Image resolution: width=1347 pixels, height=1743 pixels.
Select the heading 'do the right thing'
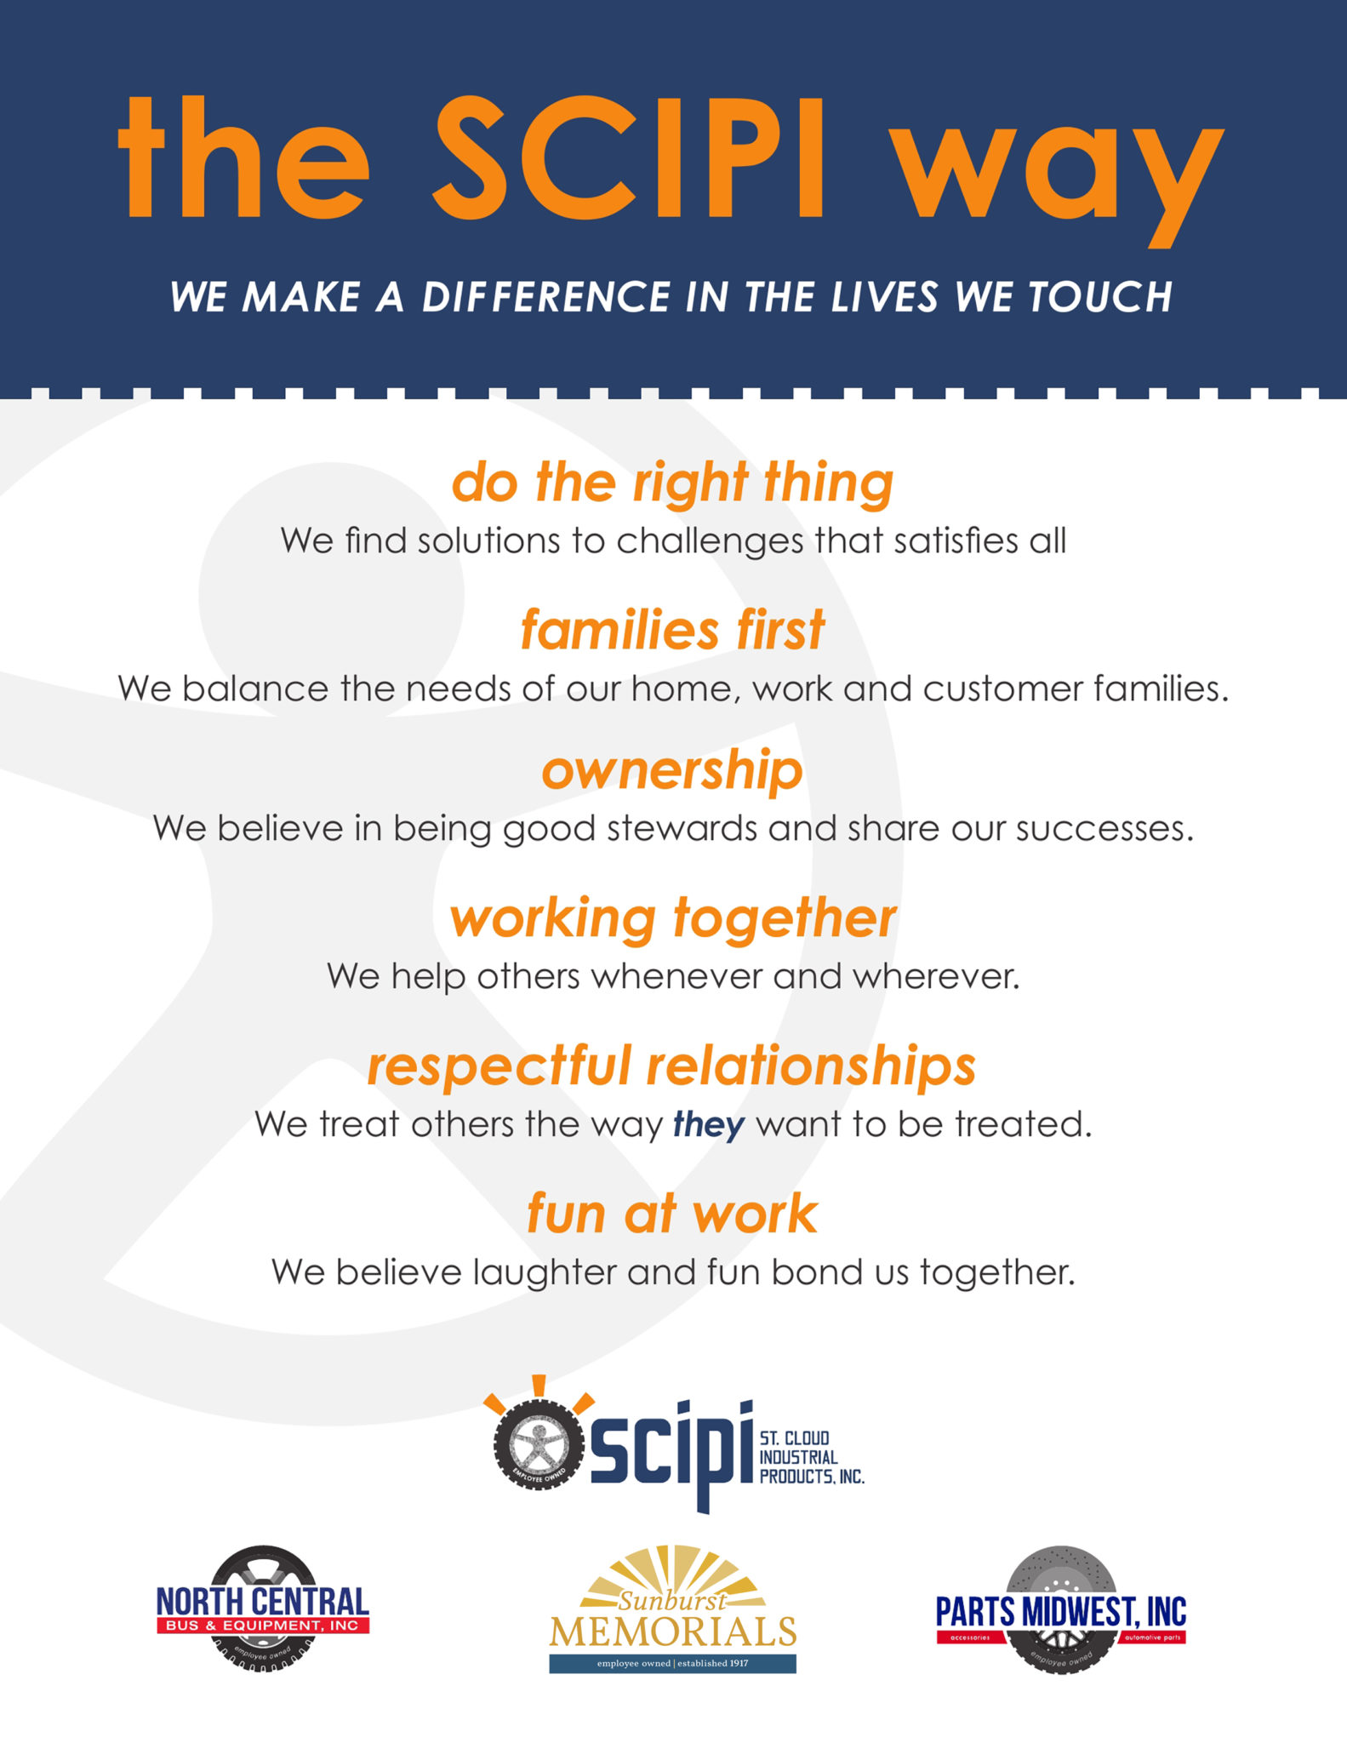(672, 483)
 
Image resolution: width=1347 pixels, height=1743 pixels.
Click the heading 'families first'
(672, 630)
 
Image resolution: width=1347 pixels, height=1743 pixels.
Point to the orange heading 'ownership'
(672, 772)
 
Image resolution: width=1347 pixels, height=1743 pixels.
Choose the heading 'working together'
(673, 919)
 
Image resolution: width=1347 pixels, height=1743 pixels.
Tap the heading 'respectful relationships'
(671, 1066)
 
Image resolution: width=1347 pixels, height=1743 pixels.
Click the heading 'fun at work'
(672, 1213)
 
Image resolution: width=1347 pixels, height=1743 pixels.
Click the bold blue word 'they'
(709, 1125)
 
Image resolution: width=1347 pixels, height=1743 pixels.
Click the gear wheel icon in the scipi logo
(538, 1446)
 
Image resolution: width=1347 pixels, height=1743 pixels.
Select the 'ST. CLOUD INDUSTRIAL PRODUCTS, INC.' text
(811, 1458)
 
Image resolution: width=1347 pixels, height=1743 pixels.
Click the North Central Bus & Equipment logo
(263, 1609)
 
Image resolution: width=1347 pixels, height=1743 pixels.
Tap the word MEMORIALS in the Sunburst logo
(673, 1632)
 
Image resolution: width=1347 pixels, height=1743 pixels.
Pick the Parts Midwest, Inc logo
(1061, 1609)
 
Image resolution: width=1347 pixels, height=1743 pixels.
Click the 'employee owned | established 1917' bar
(673, 1664)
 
